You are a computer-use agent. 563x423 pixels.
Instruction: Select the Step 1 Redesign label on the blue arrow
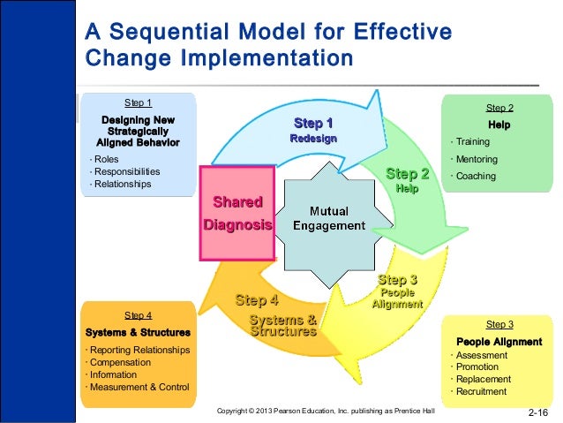(313, 131)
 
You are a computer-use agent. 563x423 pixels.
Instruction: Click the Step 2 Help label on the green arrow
(407, 180)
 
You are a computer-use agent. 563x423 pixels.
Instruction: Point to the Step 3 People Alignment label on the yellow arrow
(397, 291)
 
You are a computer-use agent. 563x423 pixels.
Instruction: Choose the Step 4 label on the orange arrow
(257, 301)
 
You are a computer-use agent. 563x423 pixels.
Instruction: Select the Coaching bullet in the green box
(477, 176)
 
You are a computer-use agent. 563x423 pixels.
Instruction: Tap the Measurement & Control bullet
(140, 387)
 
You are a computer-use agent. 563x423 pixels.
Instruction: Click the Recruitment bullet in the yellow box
(481, 391)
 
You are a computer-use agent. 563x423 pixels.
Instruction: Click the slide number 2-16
(538, 412)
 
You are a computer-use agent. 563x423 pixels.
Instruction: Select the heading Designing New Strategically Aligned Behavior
(138, 130)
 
